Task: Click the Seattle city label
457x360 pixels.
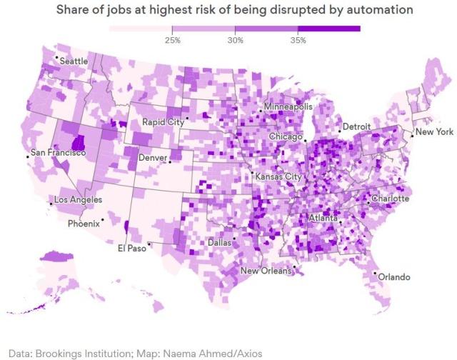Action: tap(74, 61)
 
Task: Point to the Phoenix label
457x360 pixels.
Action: tap(84, 224)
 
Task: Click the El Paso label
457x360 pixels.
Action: tap(131, 249)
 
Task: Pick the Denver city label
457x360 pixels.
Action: tap(154, 157)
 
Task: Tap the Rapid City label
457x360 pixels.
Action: tap(163, 121)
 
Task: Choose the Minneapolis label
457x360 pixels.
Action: tap(288, 106)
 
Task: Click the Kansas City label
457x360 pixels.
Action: tap(278, 176)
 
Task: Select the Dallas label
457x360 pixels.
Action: tap(219, 243)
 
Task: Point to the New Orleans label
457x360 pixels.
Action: tap(266, 271)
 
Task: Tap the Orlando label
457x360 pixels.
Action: tap(395, 276)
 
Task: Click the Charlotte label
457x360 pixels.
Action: tap(390, 199)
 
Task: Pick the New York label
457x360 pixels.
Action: tap(434, 132)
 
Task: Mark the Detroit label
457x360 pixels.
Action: tap(357, 126)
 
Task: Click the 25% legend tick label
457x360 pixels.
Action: tap(172, 41)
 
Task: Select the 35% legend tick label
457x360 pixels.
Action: tap(298, 41)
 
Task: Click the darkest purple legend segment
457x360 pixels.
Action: tap(329, 29)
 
